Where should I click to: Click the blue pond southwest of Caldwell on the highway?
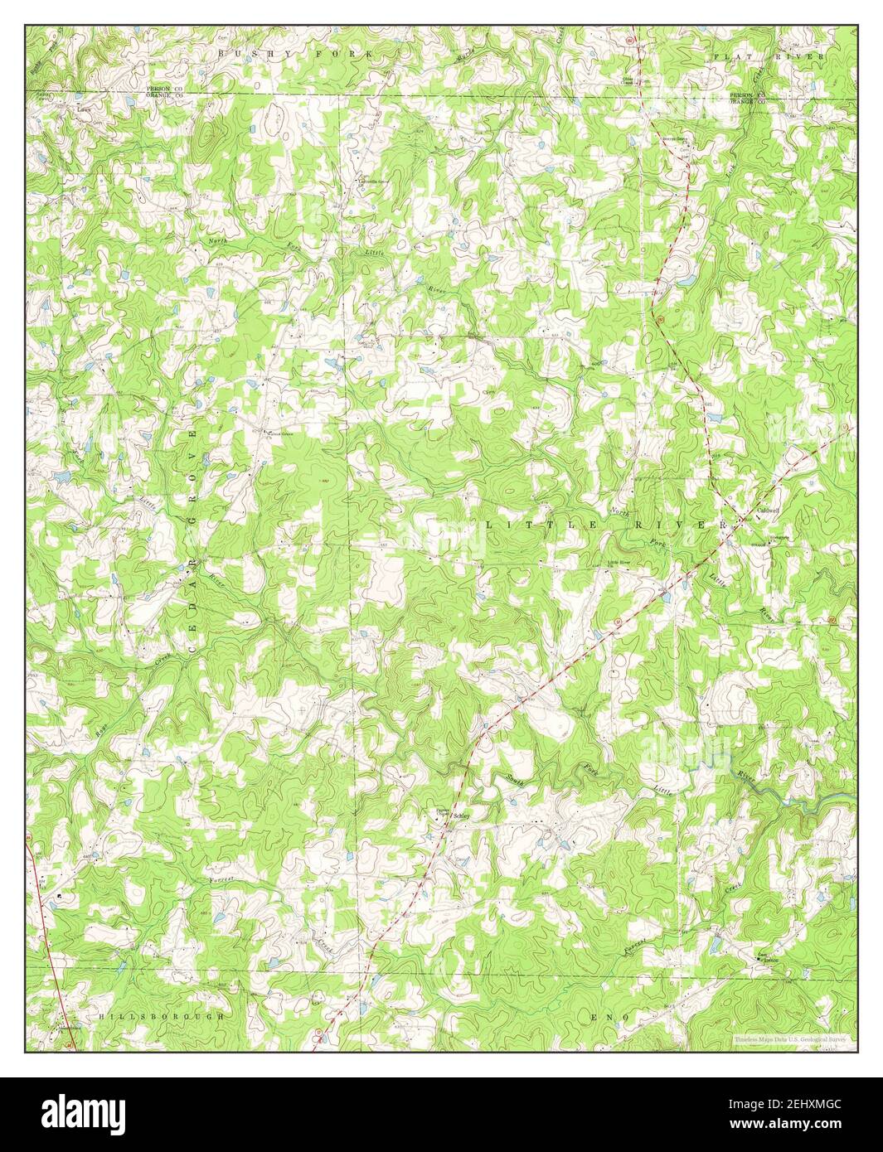[667, 595]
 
